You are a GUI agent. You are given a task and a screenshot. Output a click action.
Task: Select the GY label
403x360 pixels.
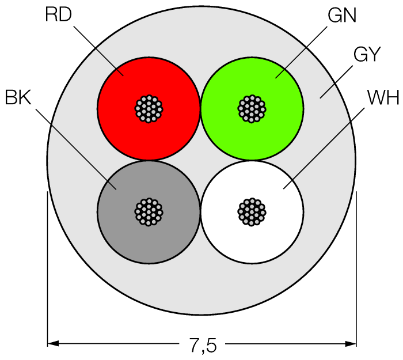(366, 55)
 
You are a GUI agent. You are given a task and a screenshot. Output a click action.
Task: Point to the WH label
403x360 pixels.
(383, 98)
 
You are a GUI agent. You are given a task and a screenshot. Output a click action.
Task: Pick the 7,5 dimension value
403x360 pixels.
(202, 346)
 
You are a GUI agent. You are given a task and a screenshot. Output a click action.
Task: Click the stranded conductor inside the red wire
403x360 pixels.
(149, 108)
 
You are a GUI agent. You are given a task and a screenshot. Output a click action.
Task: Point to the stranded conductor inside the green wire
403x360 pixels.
(252, 108)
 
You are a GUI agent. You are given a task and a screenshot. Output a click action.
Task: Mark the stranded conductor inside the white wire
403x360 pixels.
(252, 211)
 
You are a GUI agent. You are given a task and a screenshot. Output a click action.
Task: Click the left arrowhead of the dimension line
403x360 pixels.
(52, 344)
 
